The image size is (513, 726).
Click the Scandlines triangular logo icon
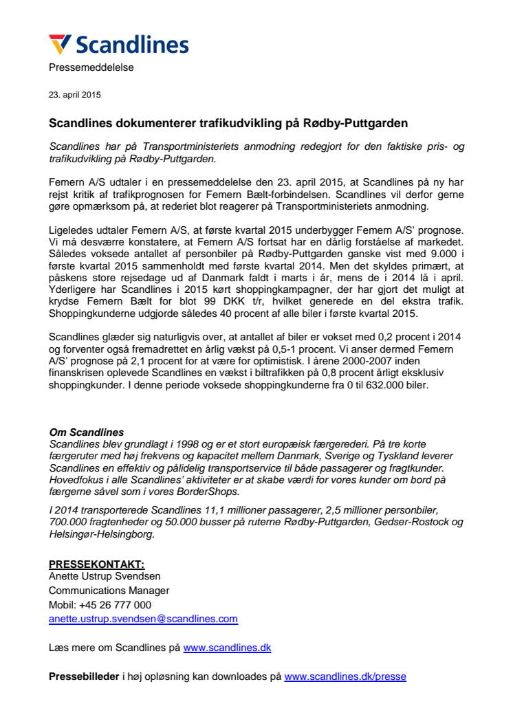point(60,44)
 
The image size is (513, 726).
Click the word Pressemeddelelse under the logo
point(91,67)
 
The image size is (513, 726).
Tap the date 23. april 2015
point(75,95)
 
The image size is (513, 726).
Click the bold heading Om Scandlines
point(87,432)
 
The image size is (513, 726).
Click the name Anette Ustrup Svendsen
point(105,577)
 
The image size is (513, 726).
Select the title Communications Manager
point(109,591)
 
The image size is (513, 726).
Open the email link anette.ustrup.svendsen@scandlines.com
point(143,619)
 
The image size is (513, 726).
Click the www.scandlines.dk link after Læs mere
point(227,648)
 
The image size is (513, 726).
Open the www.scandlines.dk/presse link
point(345,676)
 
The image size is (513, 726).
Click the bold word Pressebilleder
point(84,676)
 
